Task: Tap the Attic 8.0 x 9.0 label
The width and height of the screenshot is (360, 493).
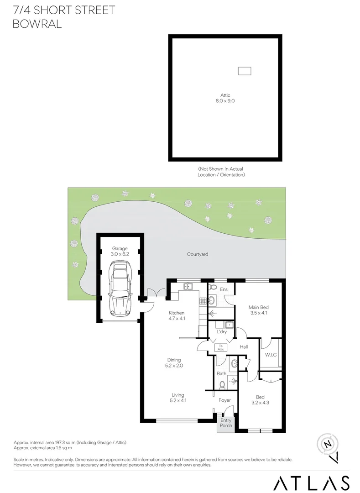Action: coord(225,98)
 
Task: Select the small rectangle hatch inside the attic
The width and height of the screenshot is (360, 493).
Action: coord(245,71)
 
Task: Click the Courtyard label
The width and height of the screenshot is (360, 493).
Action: coord(198,254)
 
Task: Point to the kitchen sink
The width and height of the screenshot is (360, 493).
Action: coord(188,287)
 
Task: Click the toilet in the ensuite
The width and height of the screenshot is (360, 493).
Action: coord(212,288)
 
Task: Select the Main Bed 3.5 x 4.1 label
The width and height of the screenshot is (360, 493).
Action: coord(258,310)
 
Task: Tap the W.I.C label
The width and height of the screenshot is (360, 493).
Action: coord(271,355)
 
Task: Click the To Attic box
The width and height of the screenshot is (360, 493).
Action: coord(221,347)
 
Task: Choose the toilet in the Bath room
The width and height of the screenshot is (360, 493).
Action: coord(223,384)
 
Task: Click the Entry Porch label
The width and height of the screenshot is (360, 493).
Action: coord(226,423)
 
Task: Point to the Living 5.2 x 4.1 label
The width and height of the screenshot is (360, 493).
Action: coord(177,398)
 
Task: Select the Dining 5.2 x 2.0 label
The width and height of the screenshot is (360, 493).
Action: coord(174,362)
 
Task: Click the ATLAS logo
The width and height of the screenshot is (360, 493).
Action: coord(312,483)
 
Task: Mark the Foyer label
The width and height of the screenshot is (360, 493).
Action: coord(225,400)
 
